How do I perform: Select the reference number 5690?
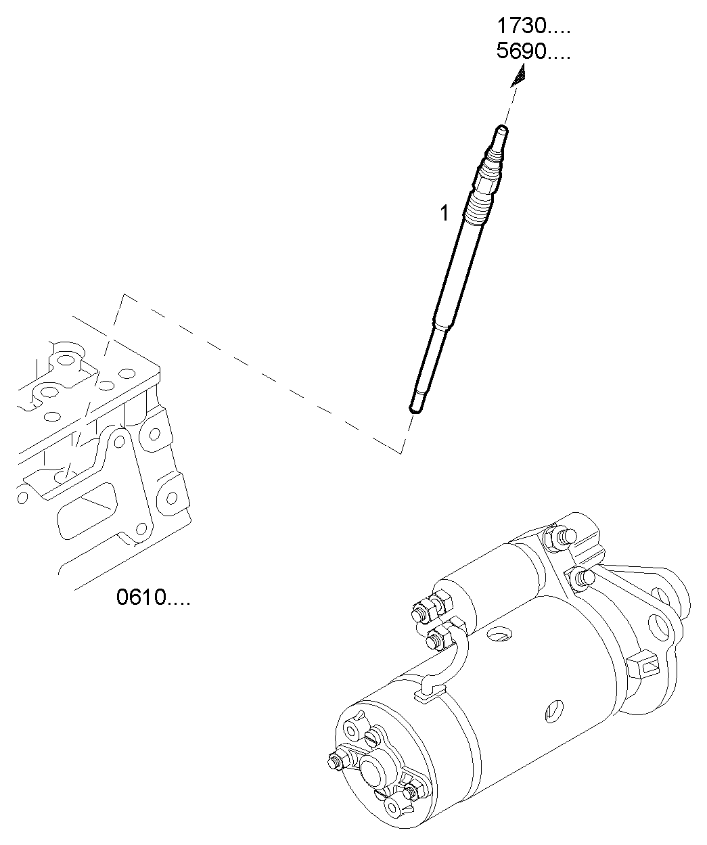[x=533, y=52]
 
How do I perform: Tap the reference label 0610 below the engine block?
[x=153, y=597]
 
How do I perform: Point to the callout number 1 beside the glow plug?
[x=444, y=214]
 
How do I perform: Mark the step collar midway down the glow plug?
[x=440, y=327]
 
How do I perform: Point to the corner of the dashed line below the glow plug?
[x=402, y=453]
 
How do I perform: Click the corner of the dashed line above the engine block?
[x=122, y=295]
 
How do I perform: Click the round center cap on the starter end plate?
[x=373, y=771]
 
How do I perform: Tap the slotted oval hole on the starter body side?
[x=552, y=712]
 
